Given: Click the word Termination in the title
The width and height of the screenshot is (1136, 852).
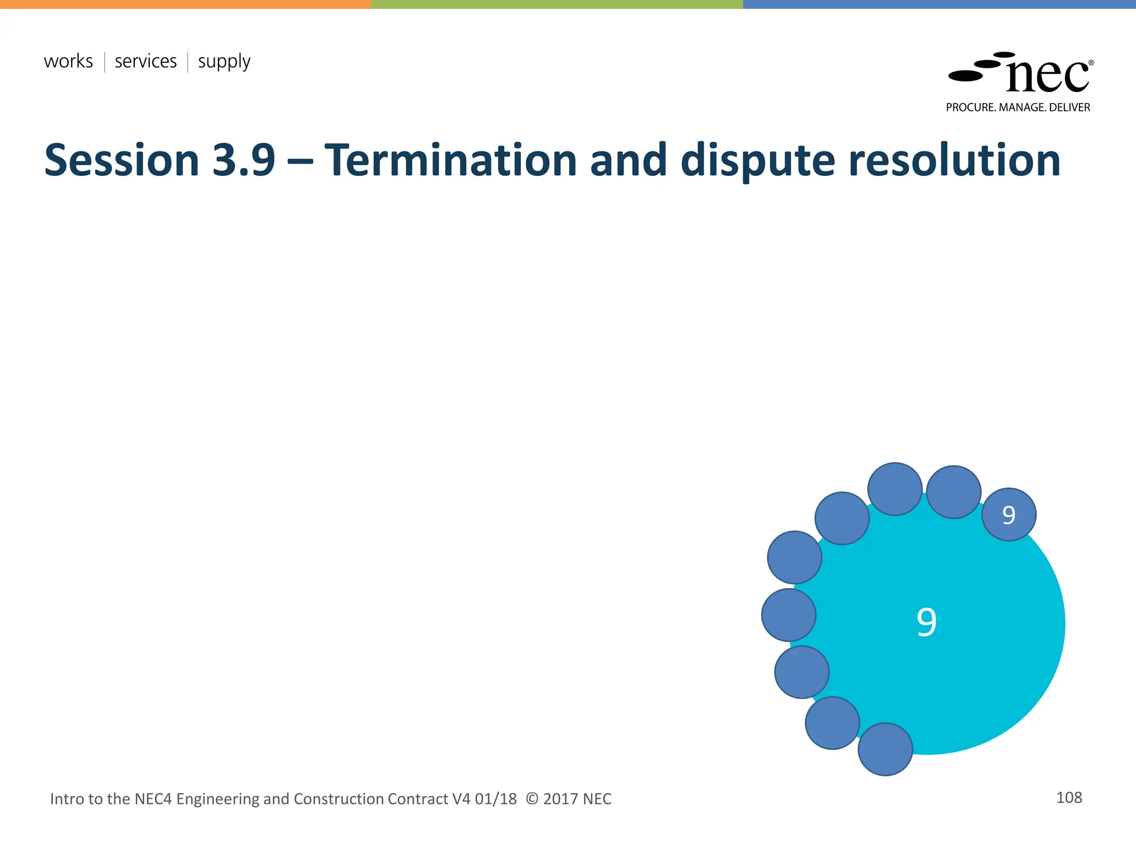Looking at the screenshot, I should click(x=450, y=160).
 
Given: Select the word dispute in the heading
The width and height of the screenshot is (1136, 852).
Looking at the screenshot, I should click(x=757, y=160).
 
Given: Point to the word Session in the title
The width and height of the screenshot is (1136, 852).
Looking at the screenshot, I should click(x=121, y=160).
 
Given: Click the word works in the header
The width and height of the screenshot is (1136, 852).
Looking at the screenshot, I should click(x=68, y=61).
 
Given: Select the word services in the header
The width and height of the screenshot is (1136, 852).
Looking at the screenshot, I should click(x=145, y=61).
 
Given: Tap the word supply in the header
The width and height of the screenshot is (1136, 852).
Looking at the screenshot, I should click(x=224, y=62).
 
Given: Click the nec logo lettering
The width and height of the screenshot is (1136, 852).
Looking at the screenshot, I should click(x=1047, y=76).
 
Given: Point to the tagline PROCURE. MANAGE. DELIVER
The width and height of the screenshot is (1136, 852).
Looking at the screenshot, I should click(x=1018, y=108).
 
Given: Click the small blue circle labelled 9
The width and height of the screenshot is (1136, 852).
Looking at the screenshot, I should click(x=1008, y=515).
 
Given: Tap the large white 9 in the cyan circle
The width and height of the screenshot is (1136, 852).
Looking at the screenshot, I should click(x=926, y=622).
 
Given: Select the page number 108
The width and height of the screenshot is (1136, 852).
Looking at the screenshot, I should click(x=1069, y=798).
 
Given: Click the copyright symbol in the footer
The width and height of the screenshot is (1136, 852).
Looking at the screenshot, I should click(x=531, y=799).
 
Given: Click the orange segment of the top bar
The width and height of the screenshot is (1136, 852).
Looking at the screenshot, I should click(x=185, y=4).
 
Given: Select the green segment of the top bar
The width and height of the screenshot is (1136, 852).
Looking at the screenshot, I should click(x=556, y=4).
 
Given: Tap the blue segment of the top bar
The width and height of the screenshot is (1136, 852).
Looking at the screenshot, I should click(x=939, y=4).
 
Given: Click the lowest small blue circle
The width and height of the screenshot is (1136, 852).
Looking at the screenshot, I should click(x=885, y=749).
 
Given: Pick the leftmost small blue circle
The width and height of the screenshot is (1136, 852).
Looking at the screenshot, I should click(x=788, y=615).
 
